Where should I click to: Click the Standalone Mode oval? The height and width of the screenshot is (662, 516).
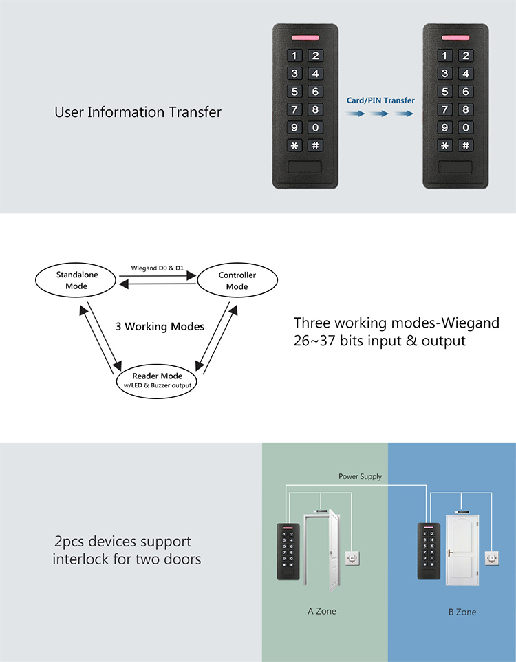click(x=77, y=279)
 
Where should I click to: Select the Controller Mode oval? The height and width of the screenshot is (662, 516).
click(x=237, y=280)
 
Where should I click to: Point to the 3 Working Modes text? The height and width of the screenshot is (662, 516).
click(x=160, y=326)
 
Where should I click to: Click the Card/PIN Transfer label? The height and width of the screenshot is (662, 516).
click(x=380, y=100)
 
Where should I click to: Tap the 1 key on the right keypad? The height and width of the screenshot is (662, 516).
click(x=447, y=56)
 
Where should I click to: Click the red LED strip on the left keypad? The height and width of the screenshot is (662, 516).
click(x=305, y=39)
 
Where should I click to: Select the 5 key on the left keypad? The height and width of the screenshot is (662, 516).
click(x=296, y=92)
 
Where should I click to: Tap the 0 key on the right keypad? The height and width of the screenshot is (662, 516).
click(x=466, y=127)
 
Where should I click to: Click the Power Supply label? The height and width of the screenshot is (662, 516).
click(x=360, y=476)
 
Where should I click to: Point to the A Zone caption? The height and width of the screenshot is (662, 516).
click(x=322, y=610)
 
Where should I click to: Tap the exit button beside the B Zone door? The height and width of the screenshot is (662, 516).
click(x=493, y=557)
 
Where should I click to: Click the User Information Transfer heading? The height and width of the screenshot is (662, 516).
click(x=138, y=111)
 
